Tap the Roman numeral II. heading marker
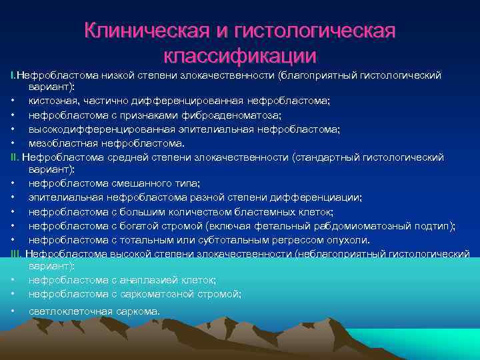click(15, 157)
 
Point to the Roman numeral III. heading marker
click(17, 253)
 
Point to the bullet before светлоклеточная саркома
click(13, 311)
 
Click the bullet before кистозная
click(13, 101)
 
